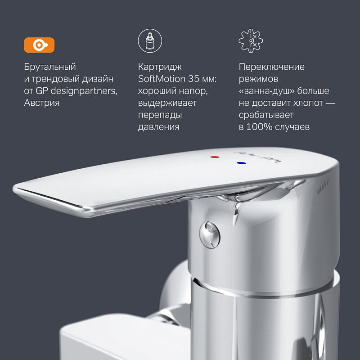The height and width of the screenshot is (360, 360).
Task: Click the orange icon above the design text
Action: (x=39, y=45)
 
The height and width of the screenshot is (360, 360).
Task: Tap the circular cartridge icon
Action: (x=149, y=41)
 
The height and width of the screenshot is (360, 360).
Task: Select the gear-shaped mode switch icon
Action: (x=251, y=41)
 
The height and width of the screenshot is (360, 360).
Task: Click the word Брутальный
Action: (x=50, y=67)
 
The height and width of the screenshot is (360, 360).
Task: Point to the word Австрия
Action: (x=41, y=103)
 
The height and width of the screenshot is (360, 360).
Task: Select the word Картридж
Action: (x=160, y=67)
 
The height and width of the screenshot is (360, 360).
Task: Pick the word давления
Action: (x=158, y=127)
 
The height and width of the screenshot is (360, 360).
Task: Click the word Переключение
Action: (x=271, y=67)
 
